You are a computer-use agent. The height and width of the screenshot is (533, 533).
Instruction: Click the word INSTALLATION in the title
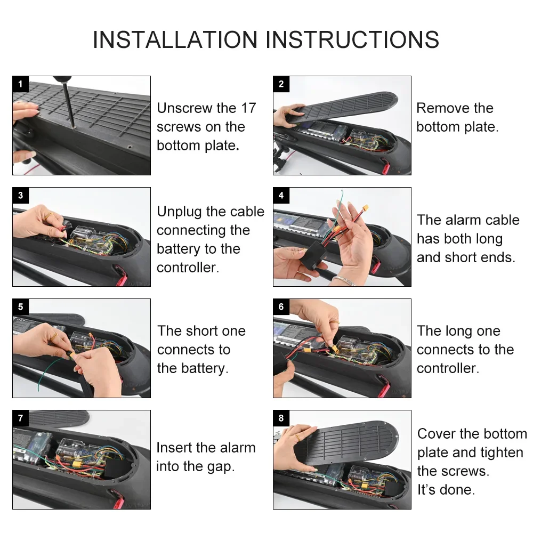coord(175,40)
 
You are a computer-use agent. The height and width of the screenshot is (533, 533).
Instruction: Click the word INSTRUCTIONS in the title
coord(352,40)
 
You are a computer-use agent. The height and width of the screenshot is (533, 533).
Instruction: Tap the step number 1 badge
coord(20,84)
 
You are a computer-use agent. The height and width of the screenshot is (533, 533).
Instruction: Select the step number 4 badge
coord(281,195)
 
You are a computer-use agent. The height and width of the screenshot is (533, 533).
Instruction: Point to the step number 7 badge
coord(20,418)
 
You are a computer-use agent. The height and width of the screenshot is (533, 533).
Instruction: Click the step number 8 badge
coord(281,418)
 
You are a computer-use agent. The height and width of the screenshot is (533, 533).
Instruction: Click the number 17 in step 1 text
coord(248,108)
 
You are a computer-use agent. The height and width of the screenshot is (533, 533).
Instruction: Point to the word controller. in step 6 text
coord(448,368)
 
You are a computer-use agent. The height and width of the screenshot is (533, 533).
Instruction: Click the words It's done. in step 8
coord(446,490)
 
